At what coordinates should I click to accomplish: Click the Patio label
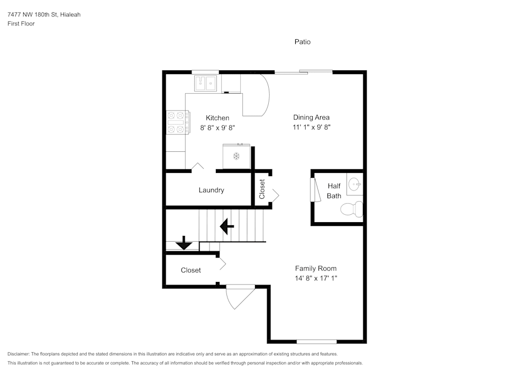pos(303,42)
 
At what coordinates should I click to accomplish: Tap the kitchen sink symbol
pos(206,83)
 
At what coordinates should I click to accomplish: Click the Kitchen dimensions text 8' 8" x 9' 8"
pos(217,127)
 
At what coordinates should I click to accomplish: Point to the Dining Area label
pos(312,117)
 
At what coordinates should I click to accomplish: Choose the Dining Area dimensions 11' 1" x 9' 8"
pos(312,127)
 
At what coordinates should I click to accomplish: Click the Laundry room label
pos(211,190)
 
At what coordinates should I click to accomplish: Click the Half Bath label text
pos(334,190)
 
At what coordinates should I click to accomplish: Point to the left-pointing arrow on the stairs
pos(227,226)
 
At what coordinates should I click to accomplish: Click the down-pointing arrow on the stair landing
pos(184,243)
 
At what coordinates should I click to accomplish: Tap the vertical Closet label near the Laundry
pos(262,189)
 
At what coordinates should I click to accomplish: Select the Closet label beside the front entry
pos(190,270)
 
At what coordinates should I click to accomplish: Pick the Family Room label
pos(315,268)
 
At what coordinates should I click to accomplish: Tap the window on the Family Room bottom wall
pos(316,341)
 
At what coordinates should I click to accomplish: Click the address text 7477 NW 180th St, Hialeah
pos(44,14)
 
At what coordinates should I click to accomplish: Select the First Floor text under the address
pos(21,24)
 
